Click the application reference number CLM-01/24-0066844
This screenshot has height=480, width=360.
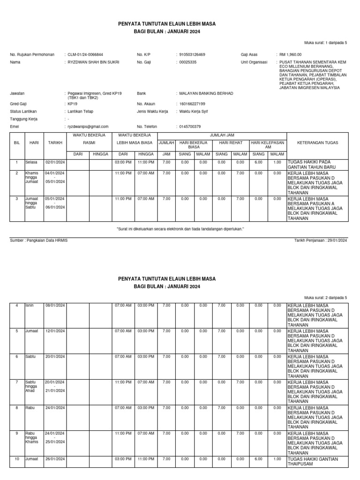click(86, 54)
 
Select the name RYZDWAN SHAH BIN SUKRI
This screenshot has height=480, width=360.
click(94, 62)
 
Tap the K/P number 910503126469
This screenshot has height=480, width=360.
click(192, 54)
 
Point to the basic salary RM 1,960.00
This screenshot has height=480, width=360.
click(291, 54)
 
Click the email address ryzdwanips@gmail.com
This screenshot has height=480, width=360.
click(88, 127)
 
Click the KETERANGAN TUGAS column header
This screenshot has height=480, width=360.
click(317, 143)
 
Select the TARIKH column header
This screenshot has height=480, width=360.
click(55, 143)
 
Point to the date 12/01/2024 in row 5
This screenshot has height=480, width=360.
click(55, 331)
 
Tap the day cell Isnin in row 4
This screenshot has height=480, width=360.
click(30, 306)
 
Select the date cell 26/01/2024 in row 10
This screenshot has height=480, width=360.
click(55, 459)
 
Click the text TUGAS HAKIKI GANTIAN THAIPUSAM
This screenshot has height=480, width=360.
click(313, 462)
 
